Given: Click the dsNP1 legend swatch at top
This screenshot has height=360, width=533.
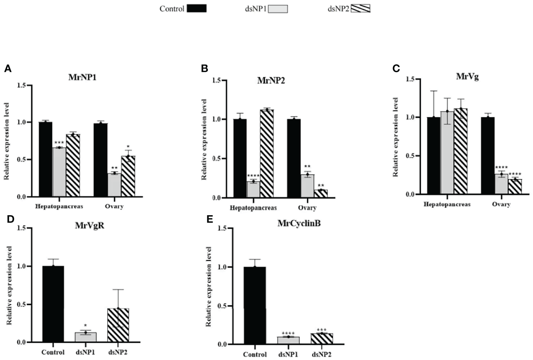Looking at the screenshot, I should [278, 9].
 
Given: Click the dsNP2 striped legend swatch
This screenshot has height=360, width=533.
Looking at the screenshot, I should [360, 9].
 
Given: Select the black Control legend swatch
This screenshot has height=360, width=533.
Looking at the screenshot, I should [197, 9].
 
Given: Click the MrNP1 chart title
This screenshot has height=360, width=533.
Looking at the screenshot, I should [82, 77].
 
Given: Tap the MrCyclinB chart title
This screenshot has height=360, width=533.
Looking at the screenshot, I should [299, 223].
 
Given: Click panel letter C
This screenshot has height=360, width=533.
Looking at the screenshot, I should [396, 68].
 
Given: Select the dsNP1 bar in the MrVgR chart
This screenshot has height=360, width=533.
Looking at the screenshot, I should [86, 337].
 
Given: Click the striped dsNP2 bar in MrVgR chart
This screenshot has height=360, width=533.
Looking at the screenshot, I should [118, 325].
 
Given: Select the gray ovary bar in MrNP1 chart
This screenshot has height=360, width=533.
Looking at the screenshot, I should [114, 185].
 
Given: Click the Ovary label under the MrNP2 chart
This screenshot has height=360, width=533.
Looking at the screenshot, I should [307, 208].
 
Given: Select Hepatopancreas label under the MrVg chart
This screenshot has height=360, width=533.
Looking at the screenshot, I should [447, 204].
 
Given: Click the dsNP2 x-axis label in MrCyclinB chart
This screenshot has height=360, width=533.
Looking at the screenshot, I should [321, 355].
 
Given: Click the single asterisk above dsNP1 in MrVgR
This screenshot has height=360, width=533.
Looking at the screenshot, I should [85, 326].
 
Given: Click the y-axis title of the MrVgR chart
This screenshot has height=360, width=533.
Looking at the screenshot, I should [9, 285].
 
